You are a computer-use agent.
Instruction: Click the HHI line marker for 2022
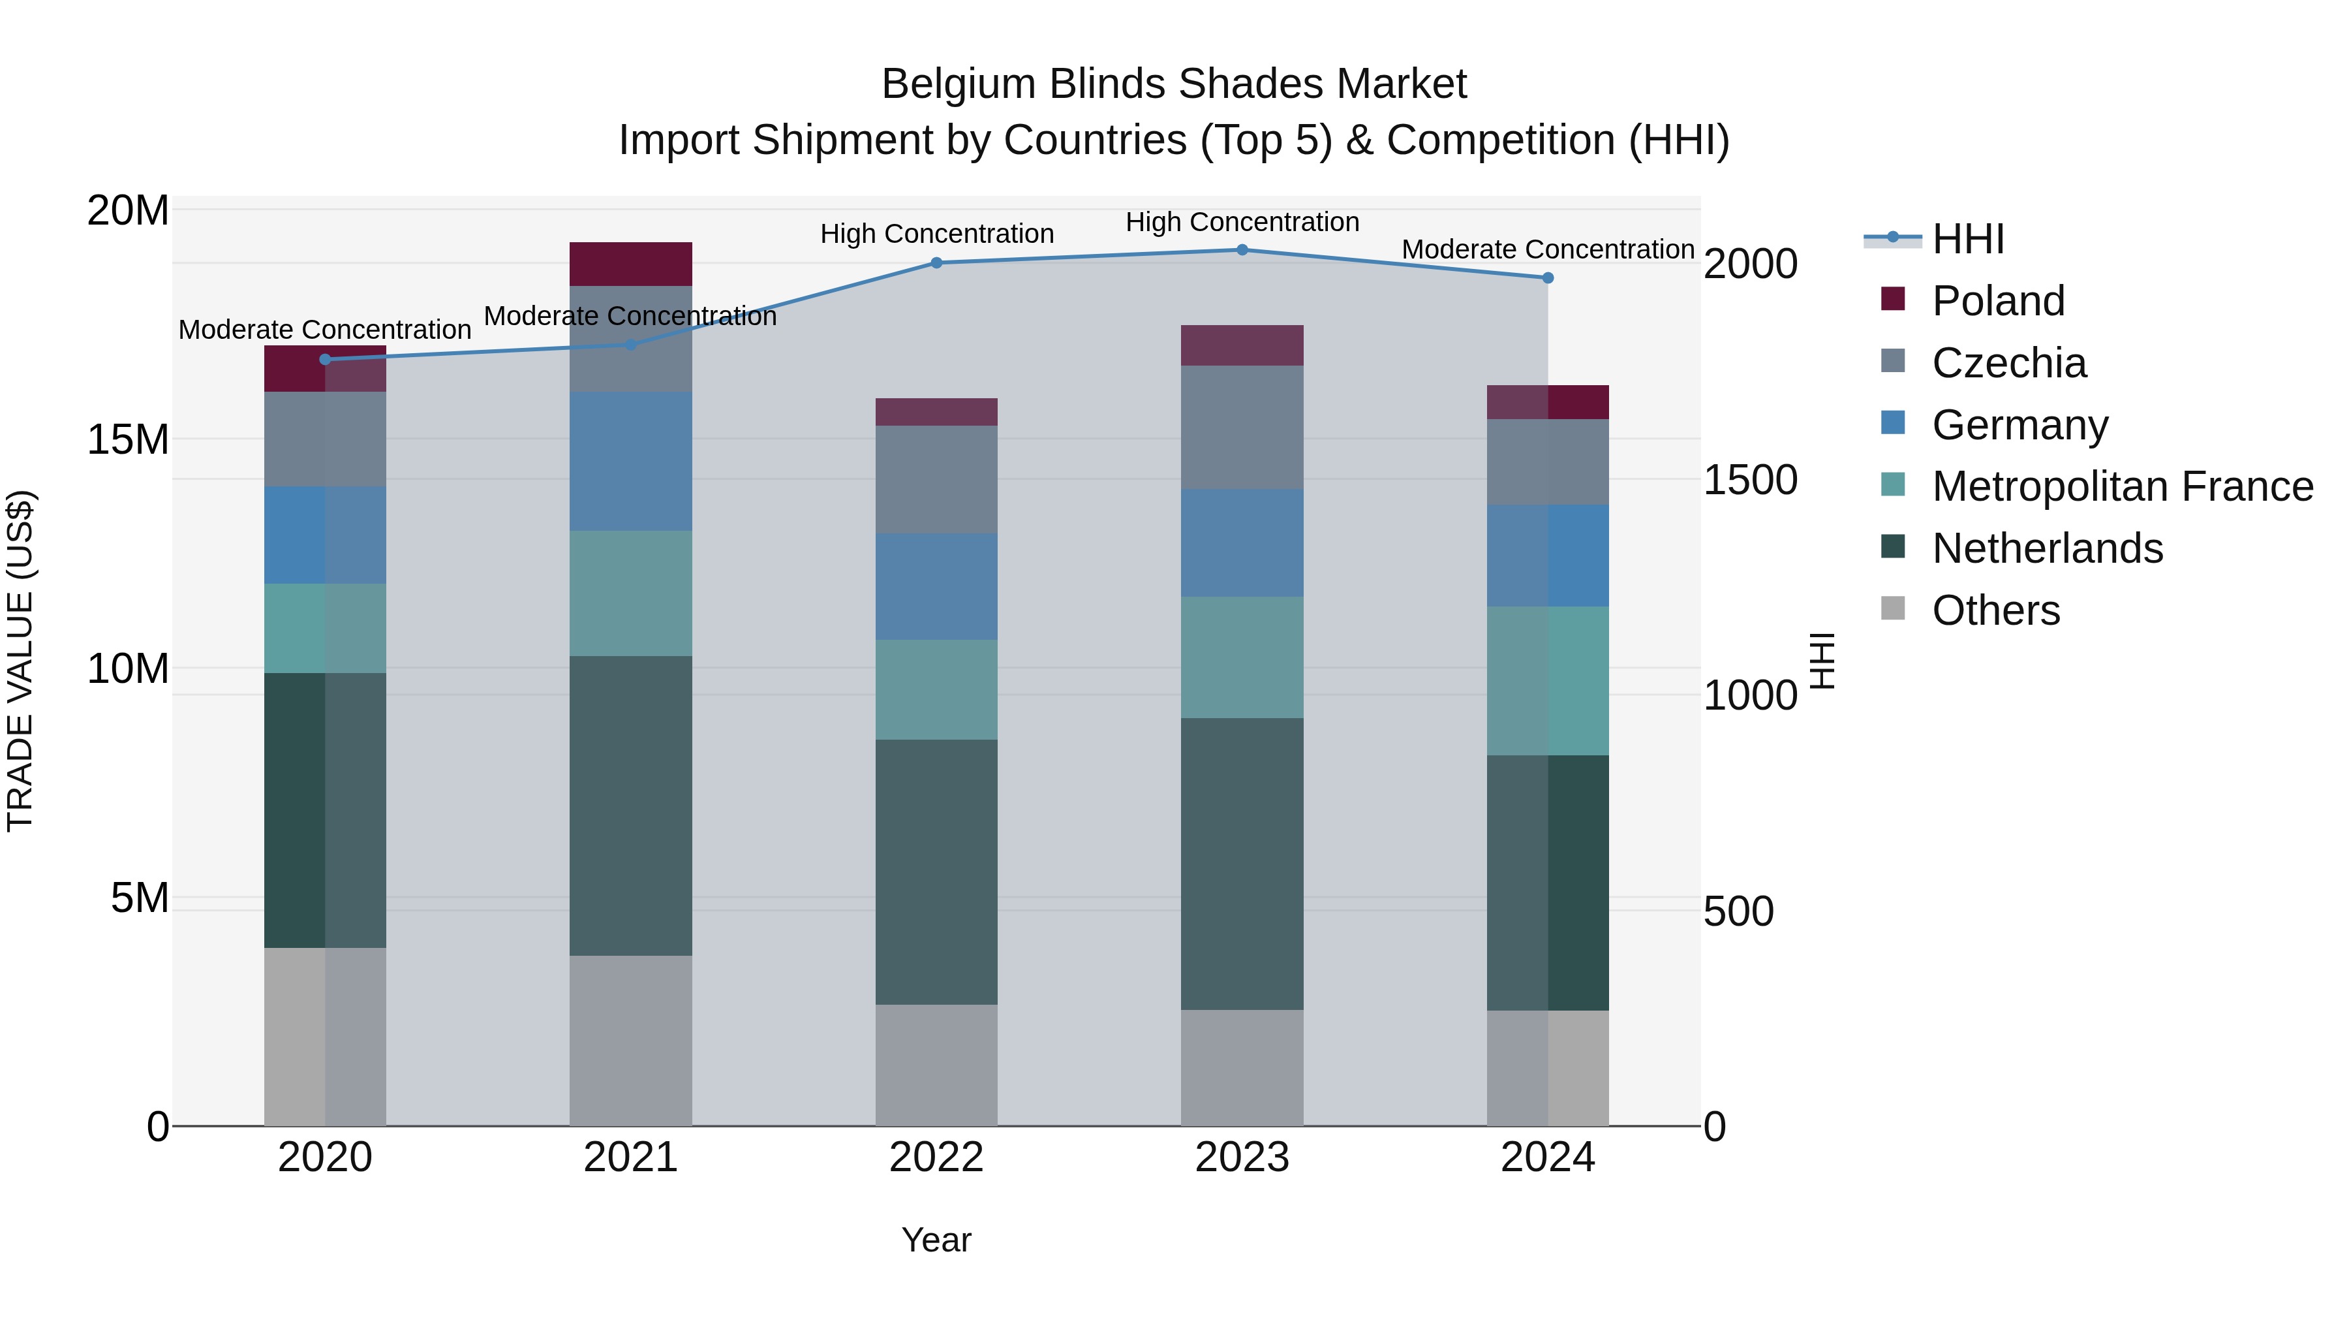coord(936,262)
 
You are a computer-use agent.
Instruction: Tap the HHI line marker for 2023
coord(1242,250)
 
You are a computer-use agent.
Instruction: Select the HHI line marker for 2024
coord(1548,278)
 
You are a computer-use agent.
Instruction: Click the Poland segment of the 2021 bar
coord(630,264)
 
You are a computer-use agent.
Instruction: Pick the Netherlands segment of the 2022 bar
coord(936,872)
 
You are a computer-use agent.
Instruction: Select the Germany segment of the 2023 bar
coord(1242,543)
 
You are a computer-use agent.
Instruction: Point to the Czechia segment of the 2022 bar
coord(936,479)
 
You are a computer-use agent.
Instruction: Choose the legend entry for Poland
coord(1997,301)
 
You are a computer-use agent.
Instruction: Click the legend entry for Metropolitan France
coord(2122,486)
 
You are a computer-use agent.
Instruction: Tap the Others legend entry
coord(1995,610)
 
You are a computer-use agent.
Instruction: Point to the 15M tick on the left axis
coord(128,440)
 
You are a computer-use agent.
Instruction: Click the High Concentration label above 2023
coord(1242,222)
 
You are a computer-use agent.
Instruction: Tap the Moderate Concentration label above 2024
coord(1548,249)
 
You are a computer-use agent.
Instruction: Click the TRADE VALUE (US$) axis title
coord(20,661)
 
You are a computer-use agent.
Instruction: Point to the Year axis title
coord(936,1240)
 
